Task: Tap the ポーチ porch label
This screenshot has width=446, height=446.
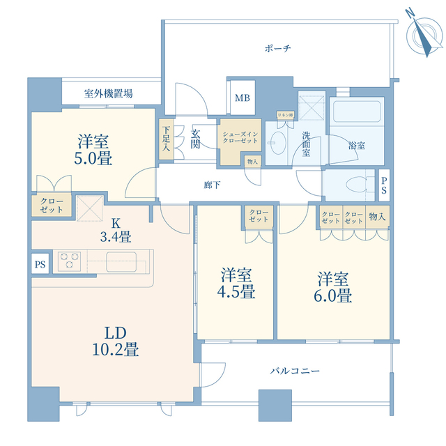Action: (x=277, y=48)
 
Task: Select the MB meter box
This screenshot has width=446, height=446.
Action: (x=242, y=98)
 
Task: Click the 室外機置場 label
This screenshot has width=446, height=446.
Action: (x=109, y=93)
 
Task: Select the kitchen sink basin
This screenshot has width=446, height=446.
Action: (x=125, y=261)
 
